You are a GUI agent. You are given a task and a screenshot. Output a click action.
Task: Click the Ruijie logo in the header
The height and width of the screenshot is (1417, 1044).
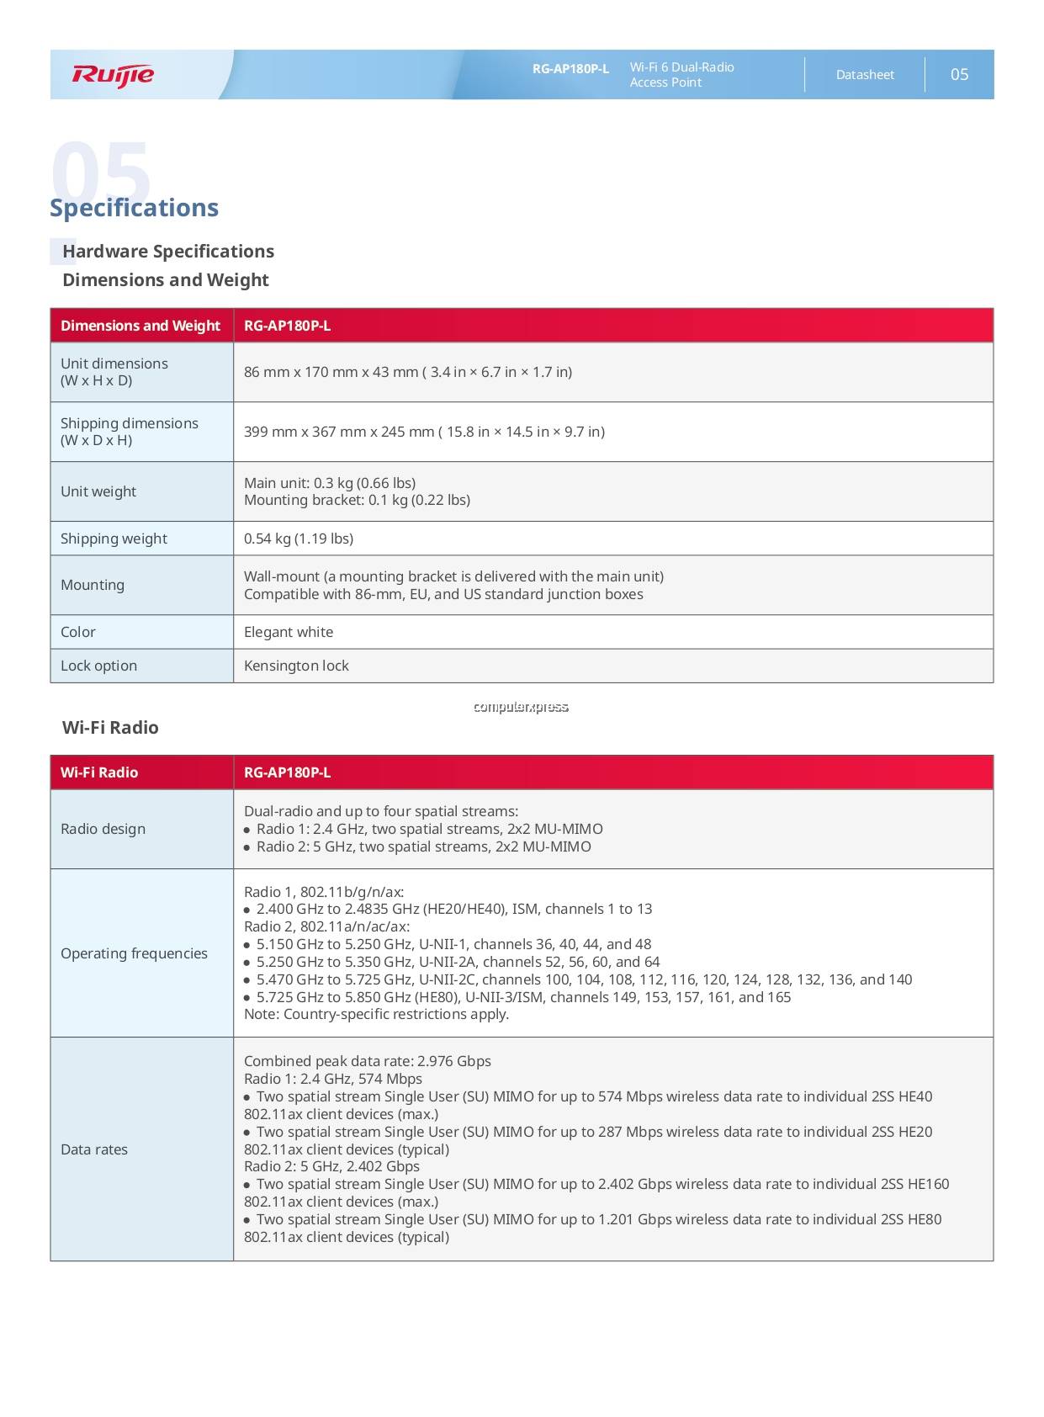(113, 75)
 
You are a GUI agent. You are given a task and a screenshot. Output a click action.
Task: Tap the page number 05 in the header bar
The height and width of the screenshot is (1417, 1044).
(959, 75)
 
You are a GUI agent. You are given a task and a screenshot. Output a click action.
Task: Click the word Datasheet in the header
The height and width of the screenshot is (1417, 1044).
(865, 75)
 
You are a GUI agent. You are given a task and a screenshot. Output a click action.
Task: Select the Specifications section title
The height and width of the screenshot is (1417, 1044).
(134, 208)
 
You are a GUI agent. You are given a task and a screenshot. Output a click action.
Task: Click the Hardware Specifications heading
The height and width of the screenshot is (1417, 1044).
(168, 252)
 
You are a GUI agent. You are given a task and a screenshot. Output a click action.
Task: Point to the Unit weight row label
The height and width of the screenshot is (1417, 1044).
(98, 491)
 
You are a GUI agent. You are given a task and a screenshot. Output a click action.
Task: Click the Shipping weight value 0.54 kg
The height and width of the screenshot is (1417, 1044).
(299, 539)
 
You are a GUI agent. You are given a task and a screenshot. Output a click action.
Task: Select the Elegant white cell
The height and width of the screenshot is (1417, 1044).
(289, 632)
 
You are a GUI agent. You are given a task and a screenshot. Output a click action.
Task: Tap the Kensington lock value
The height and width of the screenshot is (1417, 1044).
(296, 666)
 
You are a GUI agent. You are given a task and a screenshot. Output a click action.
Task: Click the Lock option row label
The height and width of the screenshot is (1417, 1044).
(98, 666)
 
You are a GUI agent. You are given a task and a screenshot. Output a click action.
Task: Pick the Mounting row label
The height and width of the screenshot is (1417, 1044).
(93, 585)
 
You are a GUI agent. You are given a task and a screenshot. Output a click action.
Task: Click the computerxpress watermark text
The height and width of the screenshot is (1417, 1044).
(521, 707)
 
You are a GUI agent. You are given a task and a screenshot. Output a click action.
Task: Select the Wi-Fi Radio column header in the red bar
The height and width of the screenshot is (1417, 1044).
(99, 772)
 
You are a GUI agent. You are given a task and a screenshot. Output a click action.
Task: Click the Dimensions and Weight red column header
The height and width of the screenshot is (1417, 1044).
(140, 326)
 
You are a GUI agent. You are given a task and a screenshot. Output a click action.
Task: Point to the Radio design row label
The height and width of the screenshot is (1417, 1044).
(103, 829)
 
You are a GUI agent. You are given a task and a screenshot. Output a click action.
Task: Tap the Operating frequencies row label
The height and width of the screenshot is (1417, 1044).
(134, 953)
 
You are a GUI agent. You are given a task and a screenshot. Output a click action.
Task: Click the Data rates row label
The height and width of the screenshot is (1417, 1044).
(94, 1149)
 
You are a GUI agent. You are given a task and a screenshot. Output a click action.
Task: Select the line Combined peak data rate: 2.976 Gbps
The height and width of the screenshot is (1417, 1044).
(368, 1061)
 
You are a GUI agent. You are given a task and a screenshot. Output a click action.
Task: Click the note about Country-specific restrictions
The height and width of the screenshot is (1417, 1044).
(376, 1014)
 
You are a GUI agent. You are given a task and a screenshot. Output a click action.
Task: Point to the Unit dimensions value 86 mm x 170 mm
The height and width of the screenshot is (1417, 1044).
(408, 372)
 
